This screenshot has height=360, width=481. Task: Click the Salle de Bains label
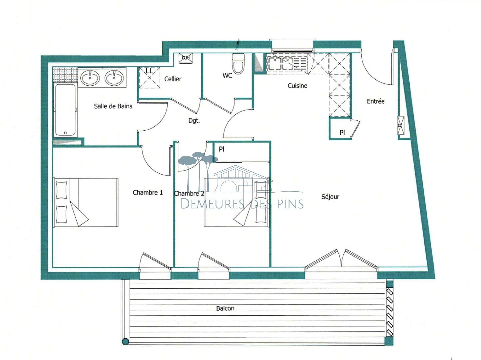(113, 106)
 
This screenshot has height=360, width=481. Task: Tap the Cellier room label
(173, 79)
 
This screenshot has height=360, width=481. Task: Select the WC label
(227, 76)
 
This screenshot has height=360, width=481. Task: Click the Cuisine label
(297, 86)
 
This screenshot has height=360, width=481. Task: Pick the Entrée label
(375, 101)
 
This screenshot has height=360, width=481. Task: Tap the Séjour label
(330, 197)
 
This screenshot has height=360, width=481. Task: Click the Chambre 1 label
(148, 193)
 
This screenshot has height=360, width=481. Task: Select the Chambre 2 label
(189, 193)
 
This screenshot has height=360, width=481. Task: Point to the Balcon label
(225, 308)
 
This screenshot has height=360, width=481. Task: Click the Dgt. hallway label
(194, 121)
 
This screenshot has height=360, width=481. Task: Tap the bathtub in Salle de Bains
(65, 110)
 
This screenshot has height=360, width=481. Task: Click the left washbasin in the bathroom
(90, 78)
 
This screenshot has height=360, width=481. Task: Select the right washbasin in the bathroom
(115, 78)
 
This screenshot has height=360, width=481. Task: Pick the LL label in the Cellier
(149, 71)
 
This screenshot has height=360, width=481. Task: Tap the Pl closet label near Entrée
(342, 133)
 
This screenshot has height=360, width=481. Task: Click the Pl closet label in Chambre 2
(222, 149)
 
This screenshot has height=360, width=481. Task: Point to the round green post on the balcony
(126, 341)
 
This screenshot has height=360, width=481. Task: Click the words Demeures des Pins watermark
(242, 203)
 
